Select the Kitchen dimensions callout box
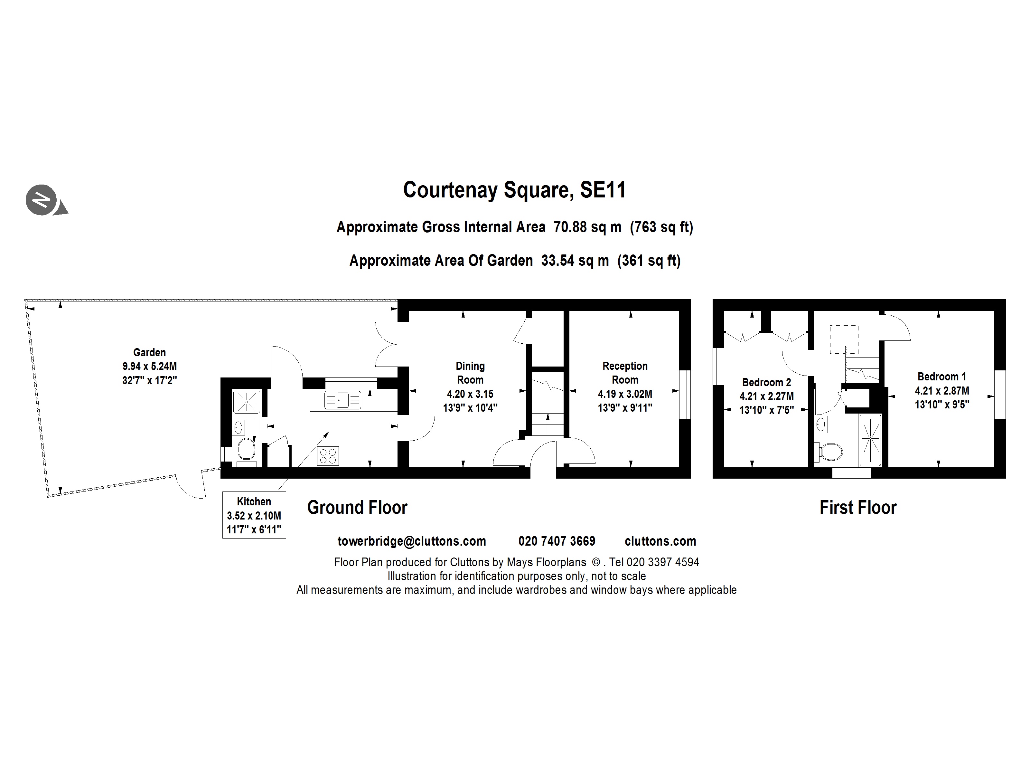pos(254,515)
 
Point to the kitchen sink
pos(343,400)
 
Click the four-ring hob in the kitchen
pos(328,456)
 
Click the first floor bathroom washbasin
pos(821,424)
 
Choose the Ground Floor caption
pos(357,507)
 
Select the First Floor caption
pos(858,507)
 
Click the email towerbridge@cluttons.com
pos(412,541)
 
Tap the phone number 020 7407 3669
pos(557,541)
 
